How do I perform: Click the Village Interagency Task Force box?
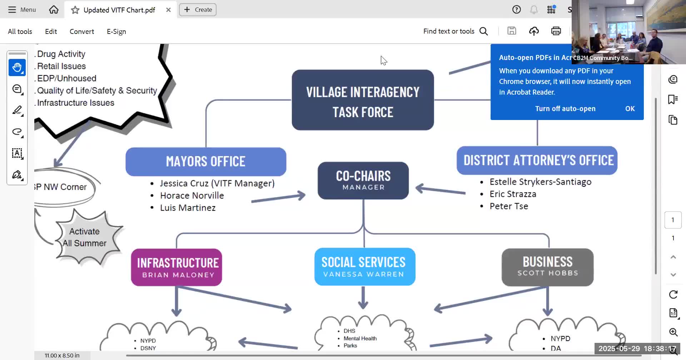tap(363, 100)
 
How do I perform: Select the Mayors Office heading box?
tap(206, 161)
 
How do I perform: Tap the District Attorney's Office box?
tap(537, 160)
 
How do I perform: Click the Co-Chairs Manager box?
tap(363, 180)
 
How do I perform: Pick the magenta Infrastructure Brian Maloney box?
tap(177, 267)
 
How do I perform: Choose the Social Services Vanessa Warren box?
tap(364, 267)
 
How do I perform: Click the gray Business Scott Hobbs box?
tap(547, 267)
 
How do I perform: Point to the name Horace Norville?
tap(192, 195)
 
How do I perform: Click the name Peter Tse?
tap(509, 206)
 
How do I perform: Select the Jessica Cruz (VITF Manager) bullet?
tap(217, 183)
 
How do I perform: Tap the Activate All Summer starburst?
tap(85, 237)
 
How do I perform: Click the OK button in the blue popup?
tap(630, 109)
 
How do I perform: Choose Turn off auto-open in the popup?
tap(565, 109)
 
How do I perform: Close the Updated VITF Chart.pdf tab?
tap(168, 10)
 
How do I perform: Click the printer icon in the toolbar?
tap(556, 31)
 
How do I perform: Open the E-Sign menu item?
tap(116, 31)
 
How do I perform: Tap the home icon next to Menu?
tap(54, 10)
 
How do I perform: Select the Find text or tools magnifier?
tap(484, 31)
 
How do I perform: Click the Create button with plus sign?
tap(198, 10)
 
